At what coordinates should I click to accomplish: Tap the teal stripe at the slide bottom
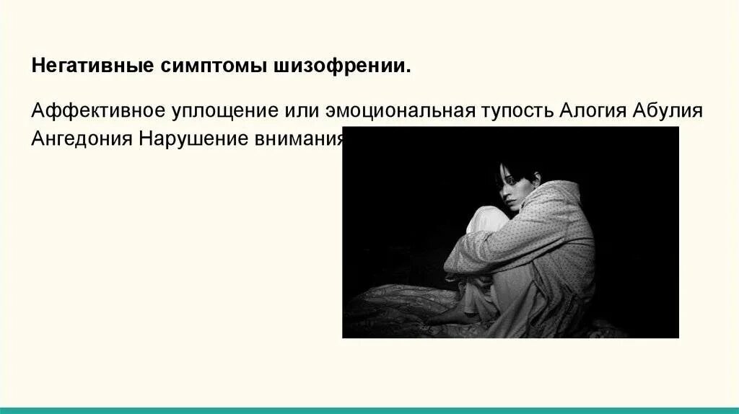pos(369,410)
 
